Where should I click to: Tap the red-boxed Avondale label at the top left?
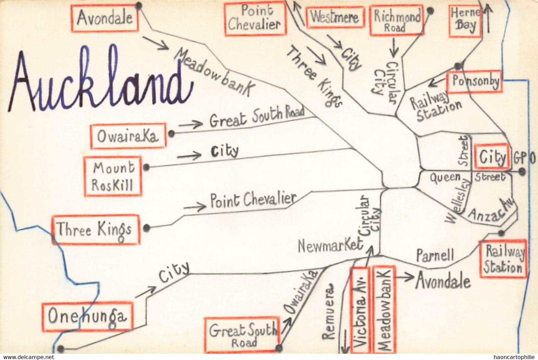[x=105, y=18]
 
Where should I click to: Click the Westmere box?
[x=335, y=18]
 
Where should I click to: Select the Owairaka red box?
[x=128, y=136]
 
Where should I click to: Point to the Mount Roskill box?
[x=113, y=176]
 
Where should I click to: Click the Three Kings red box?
[x=95, y=230]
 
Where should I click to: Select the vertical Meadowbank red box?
[x=384, y=309]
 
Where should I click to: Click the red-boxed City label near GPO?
[x=492, y=157]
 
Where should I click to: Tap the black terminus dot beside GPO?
[x=522, y=171]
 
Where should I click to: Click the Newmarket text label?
[x=330, y=246]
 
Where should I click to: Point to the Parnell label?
[x=435, y=255]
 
